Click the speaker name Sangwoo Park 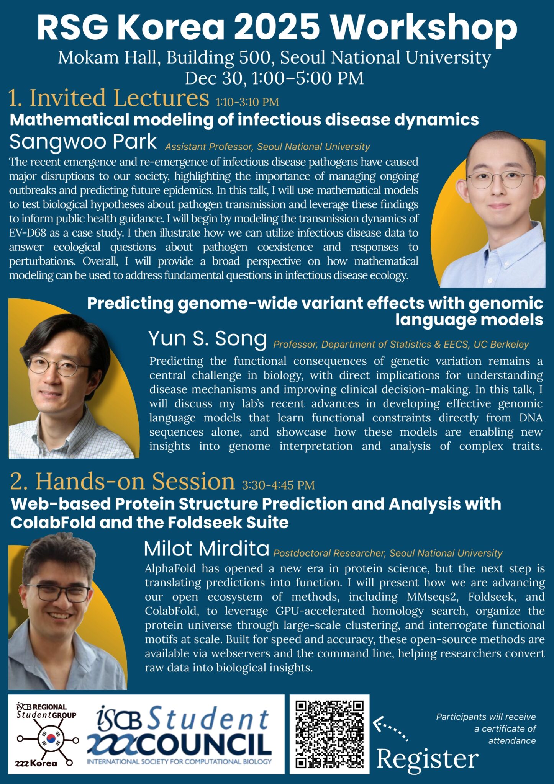click(x=83, y=142)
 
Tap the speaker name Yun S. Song click(x=208, y=339)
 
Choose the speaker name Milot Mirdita click(x=207, y=549)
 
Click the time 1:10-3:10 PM click(x=247, y=102)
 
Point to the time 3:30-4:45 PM click(x=278, y=485)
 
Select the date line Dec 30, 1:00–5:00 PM click(x=274, y=78)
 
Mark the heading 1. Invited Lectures click(x=109, y=98)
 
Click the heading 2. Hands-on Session click(x=122, y=481)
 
